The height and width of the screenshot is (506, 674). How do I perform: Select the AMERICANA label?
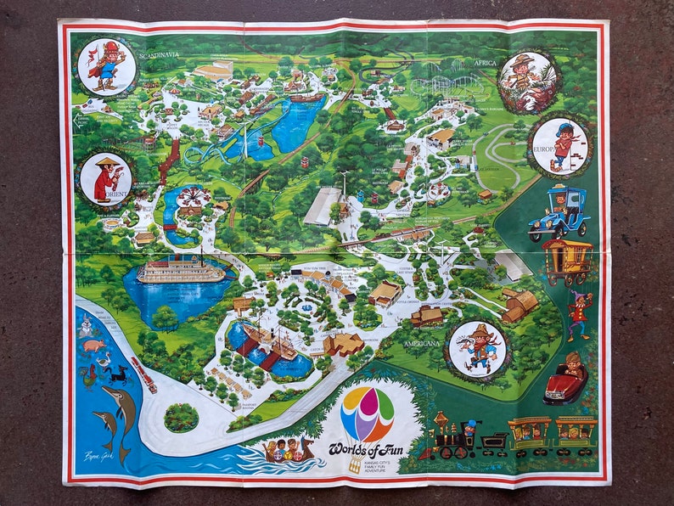[x=424, y=343]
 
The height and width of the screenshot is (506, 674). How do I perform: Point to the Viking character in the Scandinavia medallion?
[x=106, y=65]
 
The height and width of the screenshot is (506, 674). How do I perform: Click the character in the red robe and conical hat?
[x=106, y=179]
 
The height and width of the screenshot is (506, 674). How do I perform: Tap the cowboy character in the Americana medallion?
[x=477, y=348]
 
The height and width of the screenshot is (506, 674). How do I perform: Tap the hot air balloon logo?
[x=367, y=416]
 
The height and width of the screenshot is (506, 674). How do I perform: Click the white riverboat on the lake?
[x=180, y=272]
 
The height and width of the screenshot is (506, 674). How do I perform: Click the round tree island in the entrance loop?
[x=181, y=417]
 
